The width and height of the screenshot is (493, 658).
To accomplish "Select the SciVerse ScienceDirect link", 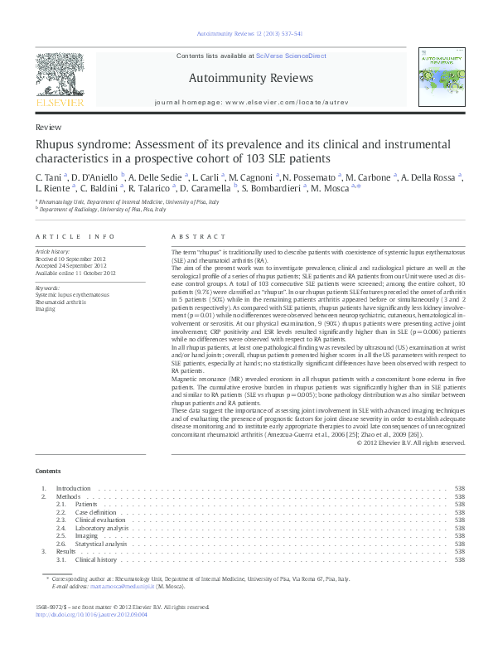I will [x=291, y=56].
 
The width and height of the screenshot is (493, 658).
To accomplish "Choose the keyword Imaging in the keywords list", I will [x=45, y=309].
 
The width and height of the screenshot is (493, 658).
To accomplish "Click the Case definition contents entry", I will [x=97, y=512].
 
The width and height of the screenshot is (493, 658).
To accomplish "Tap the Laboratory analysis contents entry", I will [x=102, y=528].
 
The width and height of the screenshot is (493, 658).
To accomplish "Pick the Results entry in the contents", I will [x=65, y=551].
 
